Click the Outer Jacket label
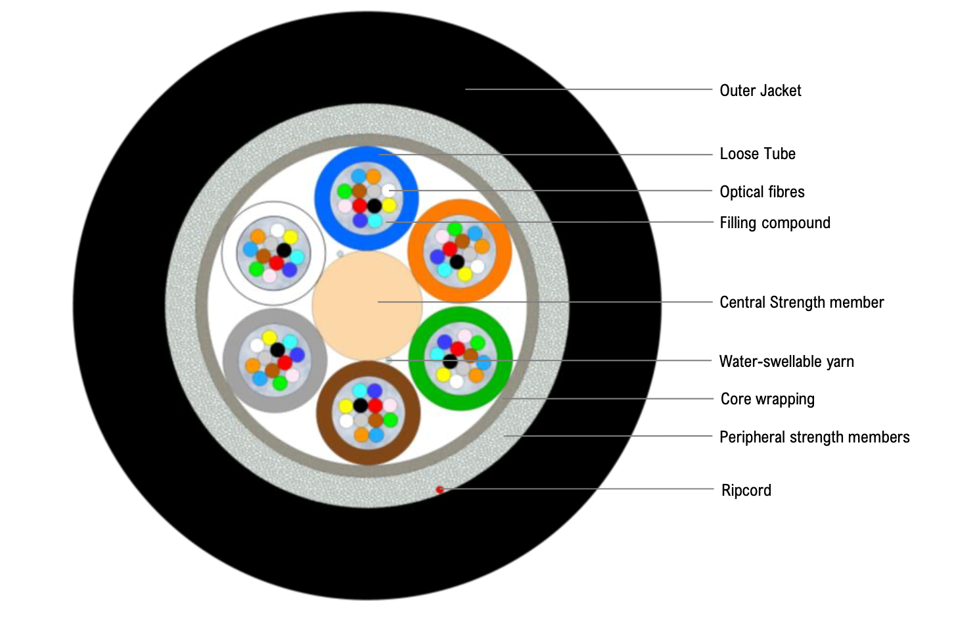(x=760, y=91)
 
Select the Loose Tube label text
(x=758, y=154)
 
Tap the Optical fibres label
(x=762, y=192)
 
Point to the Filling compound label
(x=775, y=223)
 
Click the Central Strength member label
(x=802, y=302)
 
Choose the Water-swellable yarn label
(x=786, y=362)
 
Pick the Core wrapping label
(x=767, y=399)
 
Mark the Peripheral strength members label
(x=814, y=437)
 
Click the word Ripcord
(x=746, y=490)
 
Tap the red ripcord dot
(x=440, y=489)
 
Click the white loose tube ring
(x=229, y=253)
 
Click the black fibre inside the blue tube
(x=374, y=206)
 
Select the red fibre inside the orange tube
(x=449, y=249)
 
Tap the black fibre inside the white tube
(x=284, y=250)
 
